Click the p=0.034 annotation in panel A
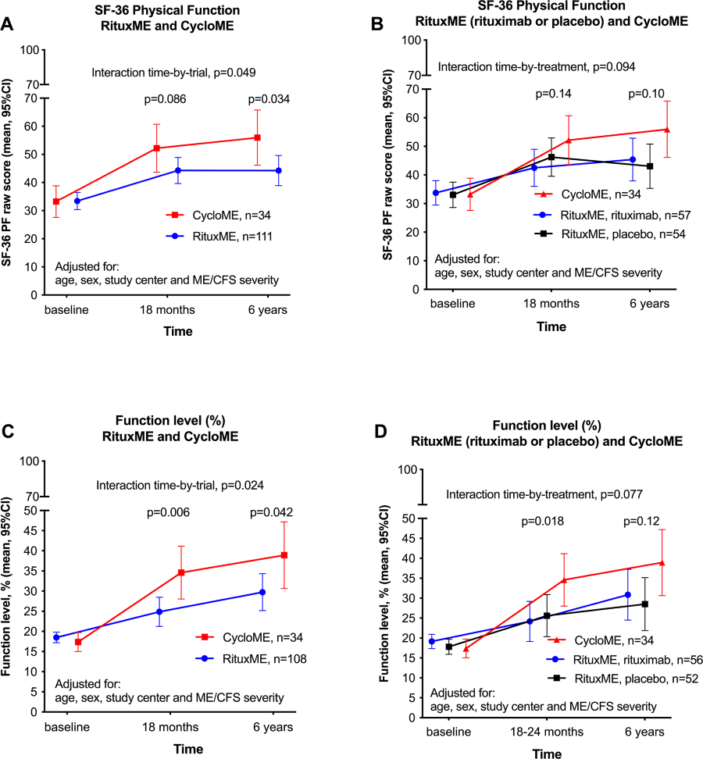coord(269,99)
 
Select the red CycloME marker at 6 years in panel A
coord(257,137)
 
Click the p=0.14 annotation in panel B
coord(554,94)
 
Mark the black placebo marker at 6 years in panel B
coord(649,166)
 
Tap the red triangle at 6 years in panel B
coord(667,130)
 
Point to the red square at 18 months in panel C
coord(181,572)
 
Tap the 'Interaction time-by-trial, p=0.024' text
coord(180,485)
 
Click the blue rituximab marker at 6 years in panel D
coord(628,595)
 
